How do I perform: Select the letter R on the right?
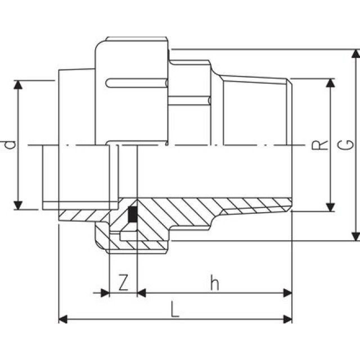(x=319, y=145)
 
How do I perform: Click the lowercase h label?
(x=214, y=283)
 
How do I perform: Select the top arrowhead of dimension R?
(x=331, y=83)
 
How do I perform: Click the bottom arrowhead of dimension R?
(x=331, y=206)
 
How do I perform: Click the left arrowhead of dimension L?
(x=64, y=319)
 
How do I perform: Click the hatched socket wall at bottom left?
(x=79, y=215)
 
